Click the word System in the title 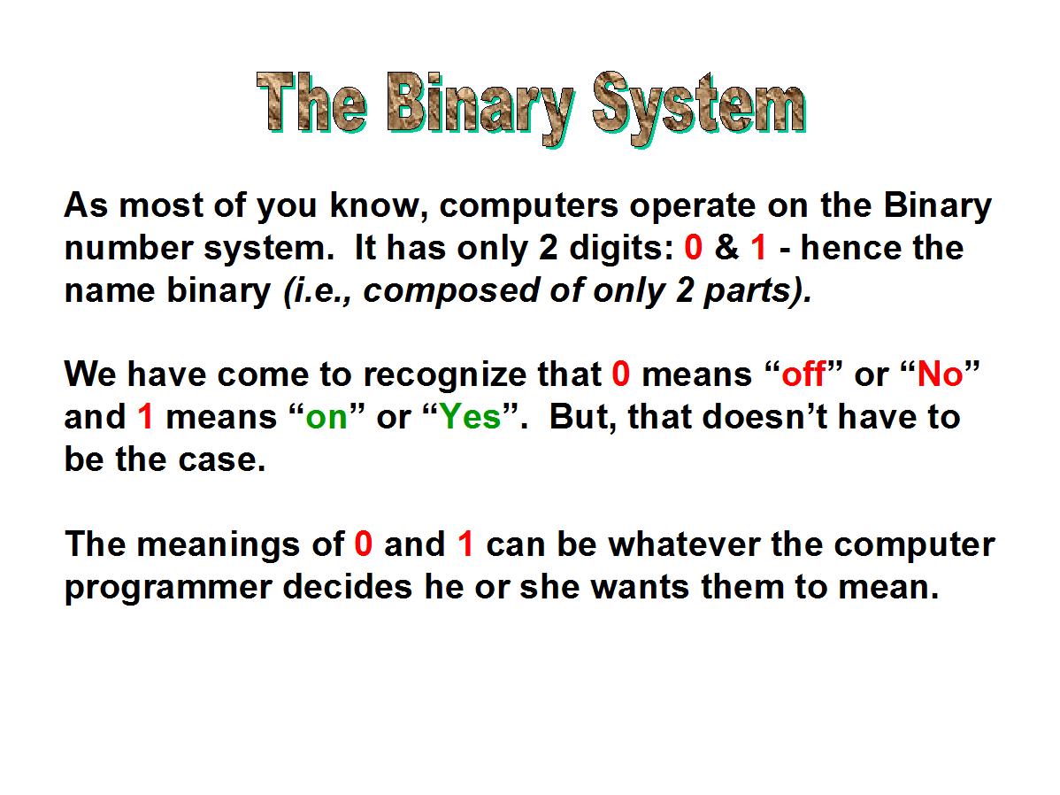click(x=699, y=108)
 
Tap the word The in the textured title click(x=311, y=102)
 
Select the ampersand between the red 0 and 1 click(x=726, y=247)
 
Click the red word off click(x=803, y=374)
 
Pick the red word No click(x=940, y=374)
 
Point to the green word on click(x=326, y=417)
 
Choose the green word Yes click(x=471, y=416)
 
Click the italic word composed click(x=450, y=291)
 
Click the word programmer click(x=167, y=587)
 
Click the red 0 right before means click(x=621, y=374)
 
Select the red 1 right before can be click(x=465, y=544)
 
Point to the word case click(x=222, y=460)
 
